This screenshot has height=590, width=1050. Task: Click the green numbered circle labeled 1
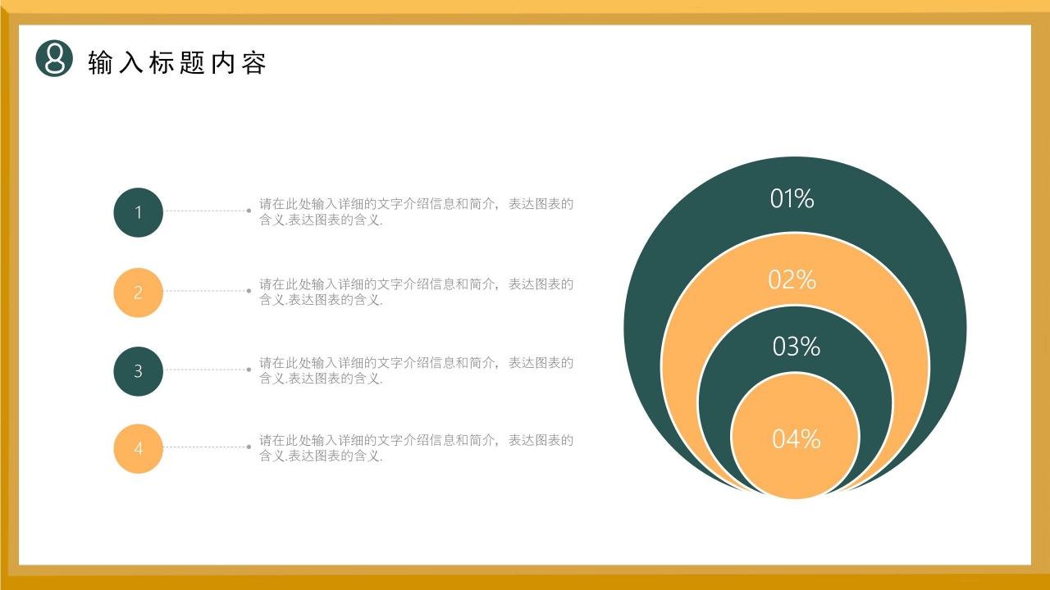(x=138, y=212)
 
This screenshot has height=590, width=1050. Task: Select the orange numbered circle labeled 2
(x=138, y=293)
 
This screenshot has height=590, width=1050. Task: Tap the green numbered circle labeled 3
(x=138, y=371)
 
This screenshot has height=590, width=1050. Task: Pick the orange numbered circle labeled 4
(x=138, y=448)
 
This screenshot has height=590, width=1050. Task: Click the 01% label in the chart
(x=792, y=198)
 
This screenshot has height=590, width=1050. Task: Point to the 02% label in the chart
(x=792, y=279)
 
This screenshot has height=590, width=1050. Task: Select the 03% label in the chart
(x=796, y=347)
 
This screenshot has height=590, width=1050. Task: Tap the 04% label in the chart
(x=796, y=439)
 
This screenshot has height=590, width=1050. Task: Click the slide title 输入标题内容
(x=177, y=63)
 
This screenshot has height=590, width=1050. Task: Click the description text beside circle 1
(x=416, y=211)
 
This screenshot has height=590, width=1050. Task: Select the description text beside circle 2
(x=416, y=292)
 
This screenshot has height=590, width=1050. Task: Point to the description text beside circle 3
(x=416, y=370)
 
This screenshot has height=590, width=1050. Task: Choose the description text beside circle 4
(x=416, y=447)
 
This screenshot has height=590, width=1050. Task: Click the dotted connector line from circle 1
(x=206, y=211)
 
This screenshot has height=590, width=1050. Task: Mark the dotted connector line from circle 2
(x=206, y=291)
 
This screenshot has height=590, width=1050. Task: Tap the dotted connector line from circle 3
(x=206, y=370)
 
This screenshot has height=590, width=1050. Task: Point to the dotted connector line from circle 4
(x=206, y=447)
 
